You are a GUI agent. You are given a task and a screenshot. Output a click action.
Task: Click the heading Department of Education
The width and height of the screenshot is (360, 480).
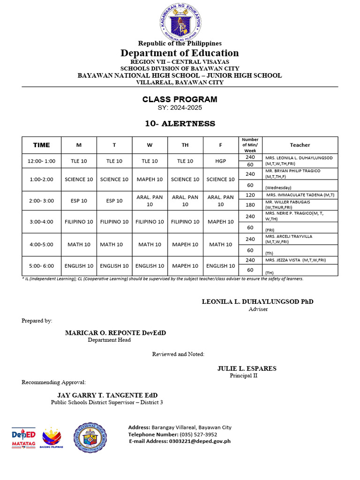[180, 53]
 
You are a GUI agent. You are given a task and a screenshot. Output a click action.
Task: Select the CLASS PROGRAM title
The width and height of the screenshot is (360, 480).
[180, 99]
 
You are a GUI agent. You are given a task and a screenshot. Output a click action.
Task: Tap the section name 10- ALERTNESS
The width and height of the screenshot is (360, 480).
[180, 124]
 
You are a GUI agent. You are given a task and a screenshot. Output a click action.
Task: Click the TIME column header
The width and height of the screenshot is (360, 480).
[41, 145]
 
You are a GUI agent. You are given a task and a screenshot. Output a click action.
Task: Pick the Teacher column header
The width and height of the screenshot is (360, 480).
[300, 145]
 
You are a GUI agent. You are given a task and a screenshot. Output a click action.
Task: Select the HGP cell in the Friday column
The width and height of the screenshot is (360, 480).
[220, 161]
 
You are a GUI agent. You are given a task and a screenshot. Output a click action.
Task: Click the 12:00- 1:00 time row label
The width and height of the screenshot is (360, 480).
[41, 161]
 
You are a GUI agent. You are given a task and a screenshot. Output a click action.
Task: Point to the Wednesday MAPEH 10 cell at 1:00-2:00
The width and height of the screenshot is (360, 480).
[150, 179]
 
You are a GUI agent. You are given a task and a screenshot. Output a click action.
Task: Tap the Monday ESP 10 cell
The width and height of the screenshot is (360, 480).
[79, 201]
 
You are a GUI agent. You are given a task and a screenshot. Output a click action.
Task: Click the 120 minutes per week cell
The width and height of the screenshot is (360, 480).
[250, 195]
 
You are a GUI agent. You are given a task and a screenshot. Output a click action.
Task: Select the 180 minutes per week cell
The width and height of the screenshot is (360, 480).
[250, 205]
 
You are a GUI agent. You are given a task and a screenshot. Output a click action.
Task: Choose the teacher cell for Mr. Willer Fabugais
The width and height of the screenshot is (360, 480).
[300, 205]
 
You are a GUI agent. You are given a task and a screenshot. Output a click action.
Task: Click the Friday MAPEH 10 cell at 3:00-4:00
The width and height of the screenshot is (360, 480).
[220, 222]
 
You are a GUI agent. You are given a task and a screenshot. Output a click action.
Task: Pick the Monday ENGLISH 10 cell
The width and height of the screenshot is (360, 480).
[79, 266]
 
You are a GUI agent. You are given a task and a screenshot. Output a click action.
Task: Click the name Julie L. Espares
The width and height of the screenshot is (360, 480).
[247, 368]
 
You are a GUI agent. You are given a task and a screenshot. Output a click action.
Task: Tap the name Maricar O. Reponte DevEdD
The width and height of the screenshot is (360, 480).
[115, 333]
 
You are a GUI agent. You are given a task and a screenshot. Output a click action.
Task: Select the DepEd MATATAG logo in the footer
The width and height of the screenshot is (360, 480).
[23, 438]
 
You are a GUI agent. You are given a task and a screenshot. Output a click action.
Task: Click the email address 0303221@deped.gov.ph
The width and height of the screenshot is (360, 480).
[180, 441]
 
